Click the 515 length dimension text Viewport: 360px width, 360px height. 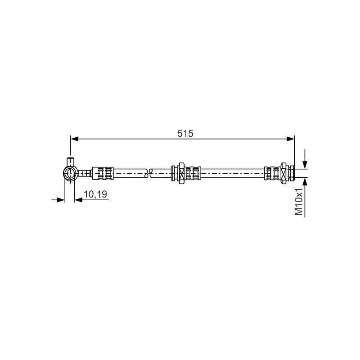point(185,133)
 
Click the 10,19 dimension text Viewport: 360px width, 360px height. point(95,194)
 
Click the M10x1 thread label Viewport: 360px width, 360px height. point(299,202)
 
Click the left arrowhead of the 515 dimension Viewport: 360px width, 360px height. point(74,139)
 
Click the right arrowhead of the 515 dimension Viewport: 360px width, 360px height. point(290,139)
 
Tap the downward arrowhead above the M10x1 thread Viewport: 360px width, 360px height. point(305,165)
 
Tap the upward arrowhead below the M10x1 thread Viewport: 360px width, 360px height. point(305,182)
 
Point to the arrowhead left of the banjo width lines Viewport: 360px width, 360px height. point(61,200)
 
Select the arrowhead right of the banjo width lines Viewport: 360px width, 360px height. point(78,200)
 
